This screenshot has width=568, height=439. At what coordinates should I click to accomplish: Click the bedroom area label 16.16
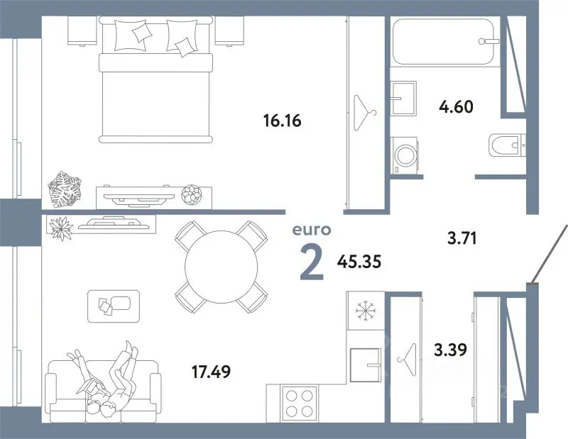point(283,121)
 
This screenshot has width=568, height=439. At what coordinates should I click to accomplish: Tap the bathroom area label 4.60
point(456,107)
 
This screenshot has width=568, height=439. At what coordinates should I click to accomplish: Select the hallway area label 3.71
point(462,238)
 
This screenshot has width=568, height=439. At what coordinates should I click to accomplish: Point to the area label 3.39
point(451,350)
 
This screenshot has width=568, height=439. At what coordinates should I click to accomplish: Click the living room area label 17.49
point(211,372)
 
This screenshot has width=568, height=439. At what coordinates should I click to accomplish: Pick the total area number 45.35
point(359,261)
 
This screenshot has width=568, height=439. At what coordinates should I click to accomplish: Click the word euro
point(312,230)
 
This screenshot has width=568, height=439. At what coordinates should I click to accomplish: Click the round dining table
point(221,267)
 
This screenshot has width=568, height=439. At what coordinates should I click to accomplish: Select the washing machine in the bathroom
point(405,155)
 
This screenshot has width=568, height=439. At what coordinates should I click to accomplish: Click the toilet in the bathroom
point(507,145)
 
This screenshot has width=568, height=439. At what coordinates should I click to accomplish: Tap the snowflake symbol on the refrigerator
point(366,311)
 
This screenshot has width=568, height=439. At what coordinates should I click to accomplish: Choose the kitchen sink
point(366,365)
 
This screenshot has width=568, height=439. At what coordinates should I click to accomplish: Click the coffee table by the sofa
point(114,306)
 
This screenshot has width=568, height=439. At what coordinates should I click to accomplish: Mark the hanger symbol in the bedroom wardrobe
point(364,113)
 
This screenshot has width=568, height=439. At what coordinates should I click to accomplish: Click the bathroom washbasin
point(403,98)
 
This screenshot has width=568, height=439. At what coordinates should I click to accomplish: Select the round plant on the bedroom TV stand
point(191,195)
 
